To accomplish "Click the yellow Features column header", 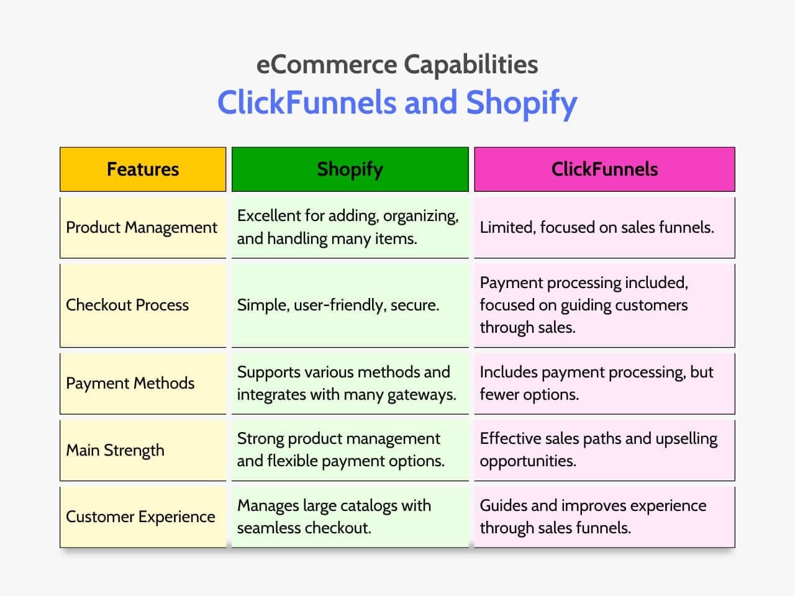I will click(x=143, y=169).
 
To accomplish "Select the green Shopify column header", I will click(x=350, y=169).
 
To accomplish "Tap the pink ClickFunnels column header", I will click(x=604, y=169).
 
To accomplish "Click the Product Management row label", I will click(x=142, y=227).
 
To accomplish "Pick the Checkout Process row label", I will click(x=127, y=305).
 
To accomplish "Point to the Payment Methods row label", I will click(x=130, y=383).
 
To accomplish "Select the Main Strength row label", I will click(x=116, y=450).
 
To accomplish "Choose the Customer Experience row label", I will click(x=140, y=517).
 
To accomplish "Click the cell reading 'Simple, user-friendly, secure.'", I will click(x=338, y=305).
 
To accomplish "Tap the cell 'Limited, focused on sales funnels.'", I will click(x=597, y=227).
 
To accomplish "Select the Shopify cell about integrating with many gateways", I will click(x=347, y=383).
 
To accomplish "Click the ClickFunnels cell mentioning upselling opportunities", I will click(x=598, y=449).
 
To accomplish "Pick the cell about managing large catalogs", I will click(x=334, y=517).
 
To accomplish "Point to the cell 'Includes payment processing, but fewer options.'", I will click(x=596, y=383).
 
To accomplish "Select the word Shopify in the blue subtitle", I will click(x=522, y=103).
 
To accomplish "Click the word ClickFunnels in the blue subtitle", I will click(x=306, y=103).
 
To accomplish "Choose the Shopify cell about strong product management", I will click(x=340, y=449).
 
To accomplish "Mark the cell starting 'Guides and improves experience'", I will click(x=593, y=517).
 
